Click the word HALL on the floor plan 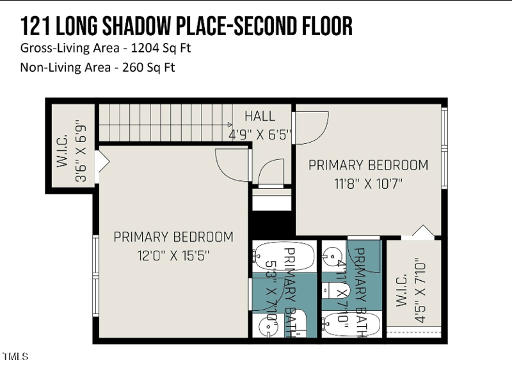point(260,116)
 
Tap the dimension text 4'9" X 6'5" point(260,135)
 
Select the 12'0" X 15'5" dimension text point(173,255)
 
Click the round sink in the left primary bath point(265,327)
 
